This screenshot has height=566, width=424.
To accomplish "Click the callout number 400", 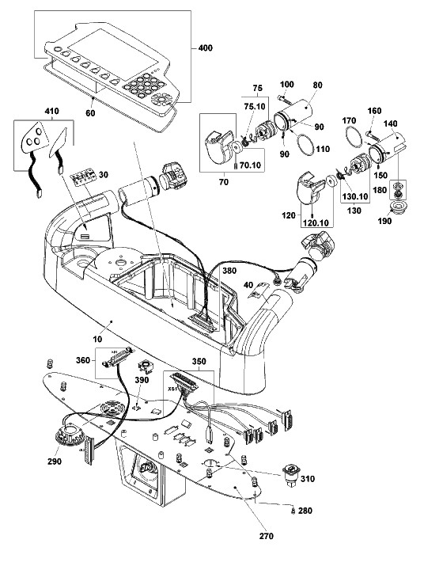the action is pyautogui.click(x=206, y=48).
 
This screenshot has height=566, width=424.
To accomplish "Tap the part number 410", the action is pyautogui.click(x=51, y=111).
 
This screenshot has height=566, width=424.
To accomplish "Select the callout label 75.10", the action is pyautogui.click(x=255, y=107).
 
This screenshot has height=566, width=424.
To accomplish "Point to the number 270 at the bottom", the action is pyautogui.click(x=267, y=536).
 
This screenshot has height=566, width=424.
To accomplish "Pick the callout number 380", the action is pyautogui.click(x=229, y=271).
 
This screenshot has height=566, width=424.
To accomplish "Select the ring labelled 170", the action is pyautogui.click(x=354, y=137).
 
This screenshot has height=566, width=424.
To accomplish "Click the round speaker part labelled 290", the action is pyautogui.click(x=70, y=435).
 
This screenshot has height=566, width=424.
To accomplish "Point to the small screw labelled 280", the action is pyautogui.click(x=293, y=511).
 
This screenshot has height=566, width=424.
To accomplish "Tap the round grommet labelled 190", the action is pyautogui.click(x=400, y=208).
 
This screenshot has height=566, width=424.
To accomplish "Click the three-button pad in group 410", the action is pyautogui.click(x=35, y=136).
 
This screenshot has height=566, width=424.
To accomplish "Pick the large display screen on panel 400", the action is pyautogui.click(x=113, y=53).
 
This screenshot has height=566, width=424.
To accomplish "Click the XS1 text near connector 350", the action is pyautogui.click(x=172, y=389).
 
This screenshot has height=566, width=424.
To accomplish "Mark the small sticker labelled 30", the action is pyautogui.click(x=83, y=177).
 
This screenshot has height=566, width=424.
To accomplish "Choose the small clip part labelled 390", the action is pyautogui.click(x=146, y=367).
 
